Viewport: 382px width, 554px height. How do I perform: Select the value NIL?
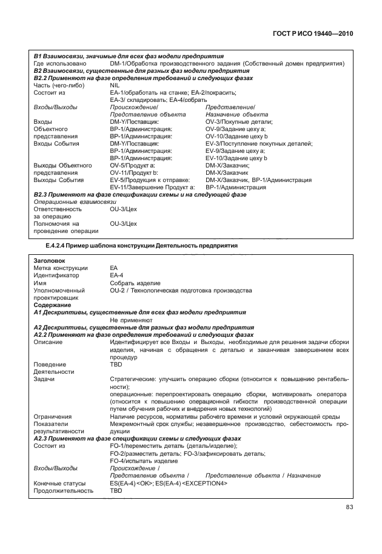pos(115,86)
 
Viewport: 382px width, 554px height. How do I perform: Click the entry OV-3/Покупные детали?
pos(238,122)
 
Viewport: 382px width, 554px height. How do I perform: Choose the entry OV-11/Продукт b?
pos(134,172)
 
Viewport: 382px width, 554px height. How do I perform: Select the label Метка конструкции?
pos(61,268)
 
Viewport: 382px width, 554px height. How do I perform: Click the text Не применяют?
pos(130,320)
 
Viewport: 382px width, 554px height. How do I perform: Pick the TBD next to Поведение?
pos(115,365)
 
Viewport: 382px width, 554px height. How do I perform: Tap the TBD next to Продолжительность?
pos(115,490)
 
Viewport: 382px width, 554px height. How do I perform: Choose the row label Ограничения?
pos(53,416)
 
